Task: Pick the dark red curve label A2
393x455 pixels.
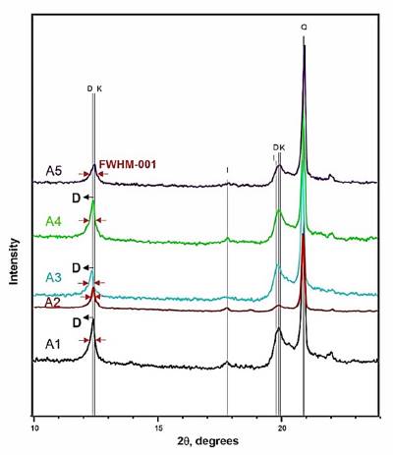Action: (55, 304)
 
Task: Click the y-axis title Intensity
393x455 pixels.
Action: (14, 260)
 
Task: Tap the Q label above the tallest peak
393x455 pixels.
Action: (305, 28)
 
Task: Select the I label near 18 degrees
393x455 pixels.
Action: (227, 170)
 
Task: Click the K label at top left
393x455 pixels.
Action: (99, 88)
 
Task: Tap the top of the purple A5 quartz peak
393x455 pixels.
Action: (305, 47)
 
